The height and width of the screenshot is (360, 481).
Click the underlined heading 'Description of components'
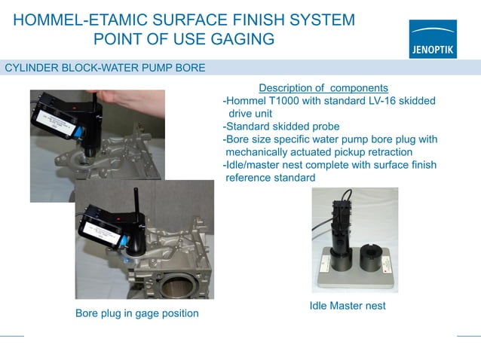[323, 88]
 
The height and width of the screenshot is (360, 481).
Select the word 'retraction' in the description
[386, 152]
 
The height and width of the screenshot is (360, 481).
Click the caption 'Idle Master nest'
[348, 306]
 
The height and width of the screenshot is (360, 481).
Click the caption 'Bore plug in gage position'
[137, 313]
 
